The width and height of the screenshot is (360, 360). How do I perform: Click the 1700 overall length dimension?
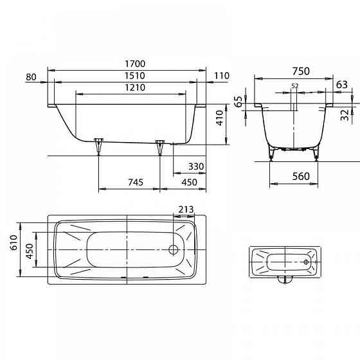coord(135,64)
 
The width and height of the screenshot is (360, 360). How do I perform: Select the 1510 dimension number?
coord(135,76)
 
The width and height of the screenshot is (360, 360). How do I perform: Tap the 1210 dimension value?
coord(135,87)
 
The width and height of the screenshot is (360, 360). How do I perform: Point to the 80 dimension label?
coord(31,77)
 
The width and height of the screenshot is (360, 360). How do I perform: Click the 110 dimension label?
coord(222,76)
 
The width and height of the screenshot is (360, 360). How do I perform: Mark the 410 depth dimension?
coord(220,118)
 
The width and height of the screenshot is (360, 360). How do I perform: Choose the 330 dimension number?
coord(196,166)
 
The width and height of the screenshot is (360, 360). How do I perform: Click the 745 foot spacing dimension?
coord(136,182)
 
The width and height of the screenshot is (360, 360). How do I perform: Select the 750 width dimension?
coord(301,71)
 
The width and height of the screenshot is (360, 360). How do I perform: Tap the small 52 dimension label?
coord(295,86)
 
